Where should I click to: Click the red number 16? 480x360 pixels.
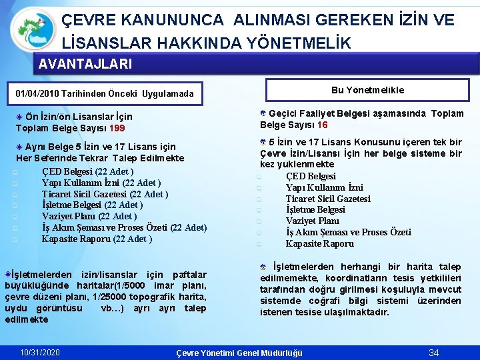(322, 125)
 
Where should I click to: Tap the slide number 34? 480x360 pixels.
(434, 352)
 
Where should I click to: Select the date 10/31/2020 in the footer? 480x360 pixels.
(40, 352)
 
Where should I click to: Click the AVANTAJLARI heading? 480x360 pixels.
(85, 65)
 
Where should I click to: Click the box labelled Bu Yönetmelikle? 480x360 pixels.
(367, 90)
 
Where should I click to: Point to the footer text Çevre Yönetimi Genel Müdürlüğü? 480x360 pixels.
(238, 353)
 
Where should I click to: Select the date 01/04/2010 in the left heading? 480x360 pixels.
(39, 93)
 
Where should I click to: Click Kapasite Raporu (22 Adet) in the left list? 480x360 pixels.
(97, 239)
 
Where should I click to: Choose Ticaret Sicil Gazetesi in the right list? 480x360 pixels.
(328, 199)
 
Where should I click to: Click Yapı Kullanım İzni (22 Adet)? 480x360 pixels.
(101, 183)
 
